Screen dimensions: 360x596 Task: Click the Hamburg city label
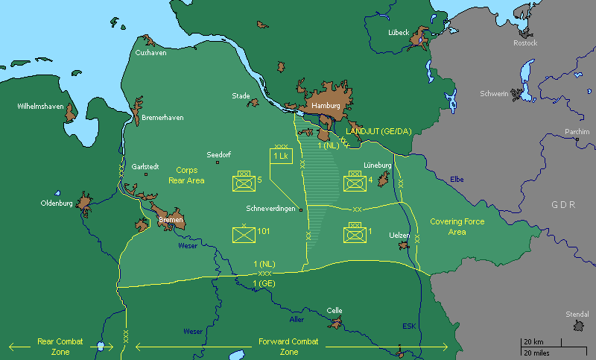point(326,106)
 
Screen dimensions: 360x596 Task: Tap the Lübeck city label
point(399,33)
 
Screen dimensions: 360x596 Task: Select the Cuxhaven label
point(150,53)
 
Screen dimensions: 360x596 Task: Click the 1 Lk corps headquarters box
point(280,157)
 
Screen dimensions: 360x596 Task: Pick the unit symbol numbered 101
point(244,234)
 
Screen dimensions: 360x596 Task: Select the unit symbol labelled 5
point(244,180)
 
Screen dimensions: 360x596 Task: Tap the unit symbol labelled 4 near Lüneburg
point(353,180)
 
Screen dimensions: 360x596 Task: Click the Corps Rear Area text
point(186,175)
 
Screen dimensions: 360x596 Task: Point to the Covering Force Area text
point(457,227)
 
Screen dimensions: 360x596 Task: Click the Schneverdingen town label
point(270,209)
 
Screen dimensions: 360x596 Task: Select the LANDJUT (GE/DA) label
point(378,131)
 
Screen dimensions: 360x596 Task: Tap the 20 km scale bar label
point(532,342)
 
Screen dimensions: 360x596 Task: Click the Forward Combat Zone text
point(288,347)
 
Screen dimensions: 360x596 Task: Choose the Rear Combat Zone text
point(60,347)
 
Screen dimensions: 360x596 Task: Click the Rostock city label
point(524,43)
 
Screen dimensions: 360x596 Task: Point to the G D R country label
point(563,203)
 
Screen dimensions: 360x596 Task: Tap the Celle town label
point(335,310)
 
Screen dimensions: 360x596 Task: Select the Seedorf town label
point(219,154)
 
